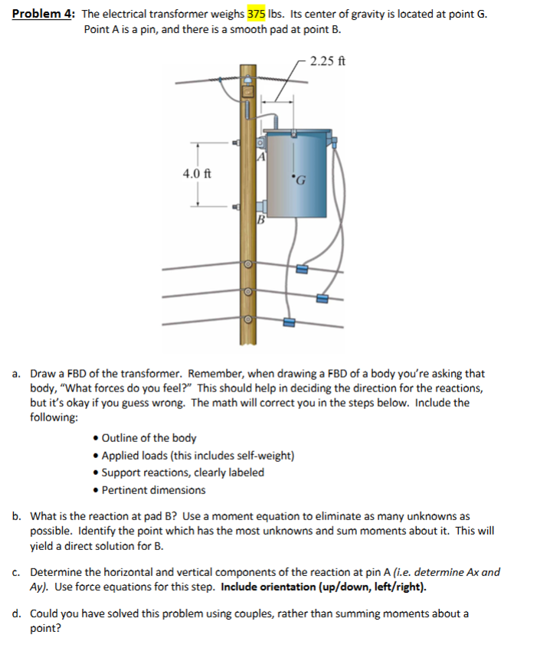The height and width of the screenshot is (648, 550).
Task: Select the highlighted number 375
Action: [257, 15]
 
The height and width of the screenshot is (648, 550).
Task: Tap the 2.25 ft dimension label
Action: [327, 61]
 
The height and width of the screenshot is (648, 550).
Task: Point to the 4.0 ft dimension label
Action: [197, 173]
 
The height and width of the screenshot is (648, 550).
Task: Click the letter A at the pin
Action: [261, 156]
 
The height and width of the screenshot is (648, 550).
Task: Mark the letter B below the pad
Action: [260, 223]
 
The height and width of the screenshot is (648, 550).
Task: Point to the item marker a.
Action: [16, 374]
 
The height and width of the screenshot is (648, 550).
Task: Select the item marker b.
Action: [16, 517]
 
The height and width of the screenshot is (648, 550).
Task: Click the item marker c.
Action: [16, 572]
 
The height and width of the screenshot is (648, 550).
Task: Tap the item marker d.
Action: [16, 614]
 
